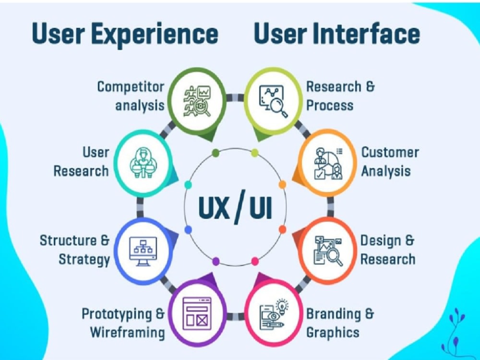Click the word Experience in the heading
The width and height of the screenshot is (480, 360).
(x=155, y=35)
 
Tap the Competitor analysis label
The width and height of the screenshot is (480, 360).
(x=131, y=96)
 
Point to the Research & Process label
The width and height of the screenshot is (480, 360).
(x=340, y=96)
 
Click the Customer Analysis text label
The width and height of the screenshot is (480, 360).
(x=390, y=162)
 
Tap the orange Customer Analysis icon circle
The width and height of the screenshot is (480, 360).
(x=327, y=163)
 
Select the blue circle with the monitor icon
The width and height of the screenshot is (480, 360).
(x=143, y=251)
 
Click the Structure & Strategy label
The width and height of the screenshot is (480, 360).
(x=74, y=250)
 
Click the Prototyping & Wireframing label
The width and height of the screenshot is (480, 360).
(x=123, y=323)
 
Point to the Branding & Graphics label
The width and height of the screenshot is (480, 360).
(x=340, y=323)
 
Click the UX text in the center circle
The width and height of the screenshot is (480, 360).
(x=214, y=207)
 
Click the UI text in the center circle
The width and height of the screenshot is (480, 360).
(x=261, y=207)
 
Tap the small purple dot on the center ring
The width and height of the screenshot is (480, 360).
(x=216, y=262)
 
